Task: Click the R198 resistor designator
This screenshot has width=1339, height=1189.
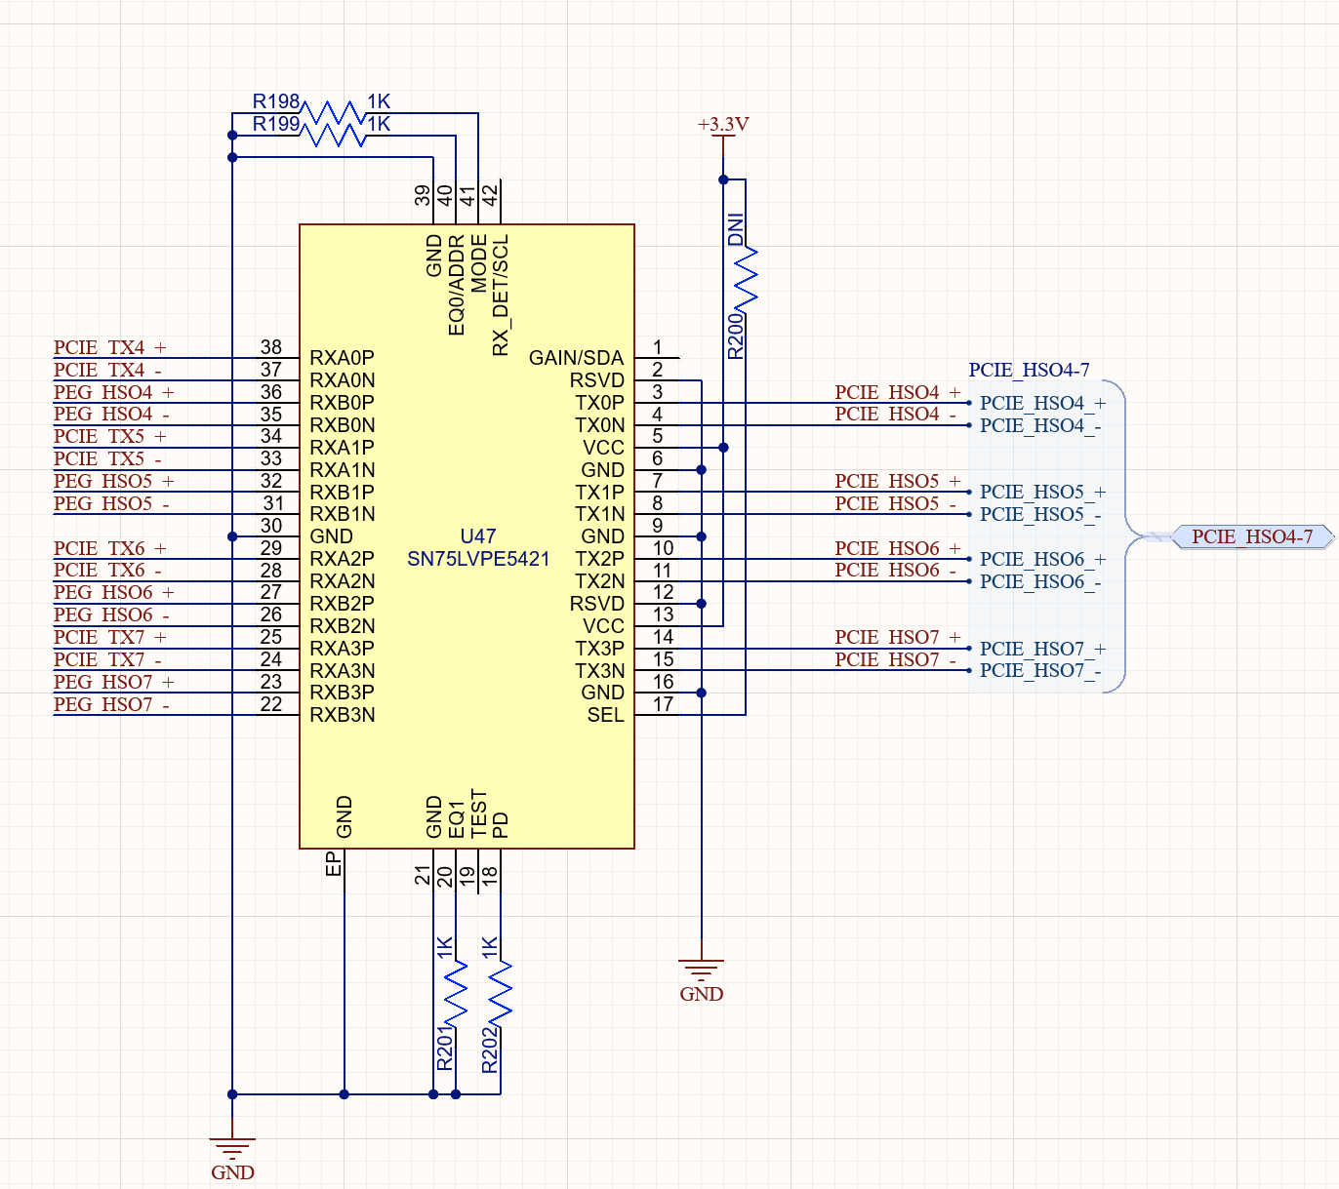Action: (x=275, y=101)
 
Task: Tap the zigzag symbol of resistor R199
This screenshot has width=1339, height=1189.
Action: (x=334, y=136)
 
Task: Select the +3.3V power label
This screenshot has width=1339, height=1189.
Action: (x=723, y=124)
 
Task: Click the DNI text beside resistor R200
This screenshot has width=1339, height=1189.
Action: (x=736, y=229)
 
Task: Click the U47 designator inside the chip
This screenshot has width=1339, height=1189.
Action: (x=478, y=535)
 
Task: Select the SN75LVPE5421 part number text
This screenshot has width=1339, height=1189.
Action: (x=478, y=559)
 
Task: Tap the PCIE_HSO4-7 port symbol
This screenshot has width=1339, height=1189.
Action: (x=1252, y=536)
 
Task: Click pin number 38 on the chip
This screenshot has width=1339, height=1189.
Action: (x=271, y=347)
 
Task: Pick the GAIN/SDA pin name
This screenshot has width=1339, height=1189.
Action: (x=576, y=357)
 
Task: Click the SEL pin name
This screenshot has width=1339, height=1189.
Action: (x=605, y=715)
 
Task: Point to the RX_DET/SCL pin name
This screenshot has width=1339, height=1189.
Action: (x=501, y=295)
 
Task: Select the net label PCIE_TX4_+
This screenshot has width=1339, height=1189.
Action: (x=109, y=347)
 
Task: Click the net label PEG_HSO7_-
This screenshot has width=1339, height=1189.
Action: (x=111, y=704)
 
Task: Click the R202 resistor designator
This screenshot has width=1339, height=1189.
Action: (x=489, y=1050)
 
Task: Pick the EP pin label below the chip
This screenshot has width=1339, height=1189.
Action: (x=333, y=864)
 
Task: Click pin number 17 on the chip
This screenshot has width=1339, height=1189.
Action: (x=663, y=704)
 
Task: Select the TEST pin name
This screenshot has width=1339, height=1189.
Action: (x=478, y=813)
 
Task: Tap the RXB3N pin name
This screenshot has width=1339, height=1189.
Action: (x=343, y=715)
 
